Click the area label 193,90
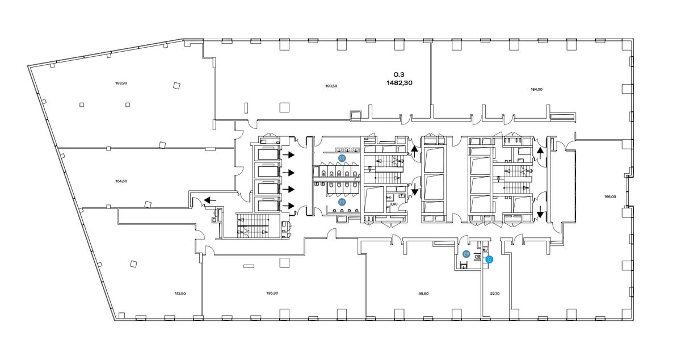121,83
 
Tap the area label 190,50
331,86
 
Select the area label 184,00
536,90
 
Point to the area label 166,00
610,196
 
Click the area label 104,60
121,181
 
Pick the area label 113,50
180,294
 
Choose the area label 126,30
272,293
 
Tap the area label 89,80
423,294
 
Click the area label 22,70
495,294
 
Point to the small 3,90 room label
394,204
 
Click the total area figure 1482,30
400,83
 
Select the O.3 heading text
399,74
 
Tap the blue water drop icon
489,259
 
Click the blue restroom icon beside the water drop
466,253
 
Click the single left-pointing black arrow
210,200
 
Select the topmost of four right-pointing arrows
288,155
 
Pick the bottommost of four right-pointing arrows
288,206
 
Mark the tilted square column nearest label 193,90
176,86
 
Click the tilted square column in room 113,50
133,264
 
